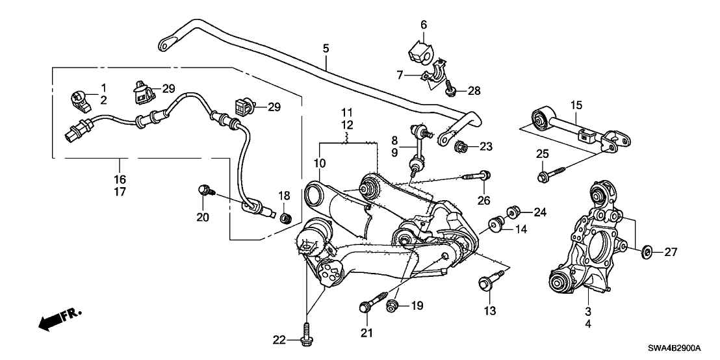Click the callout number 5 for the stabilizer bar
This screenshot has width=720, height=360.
[326, 48]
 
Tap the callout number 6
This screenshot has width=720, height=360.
[424, 25]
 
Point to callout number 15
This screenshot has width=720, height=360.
[575, 104]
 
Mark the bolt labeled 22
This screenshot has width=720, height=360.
[305, 339]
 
